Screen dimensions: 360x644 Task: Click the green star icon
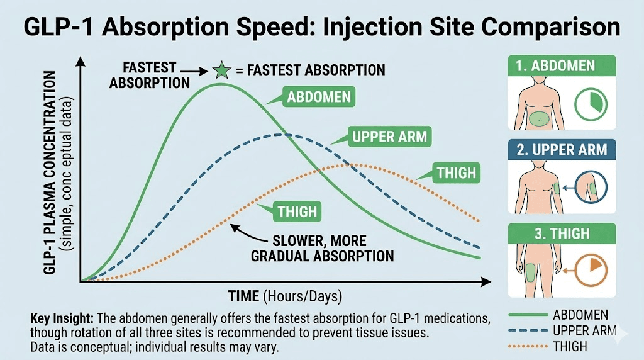click(x=221, y=70)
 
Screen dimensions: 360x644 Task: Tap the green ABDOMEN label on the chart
click(x=318, y=98)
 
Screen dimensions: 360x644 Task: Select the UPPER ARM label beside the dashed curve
click(x=389, y=136)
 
